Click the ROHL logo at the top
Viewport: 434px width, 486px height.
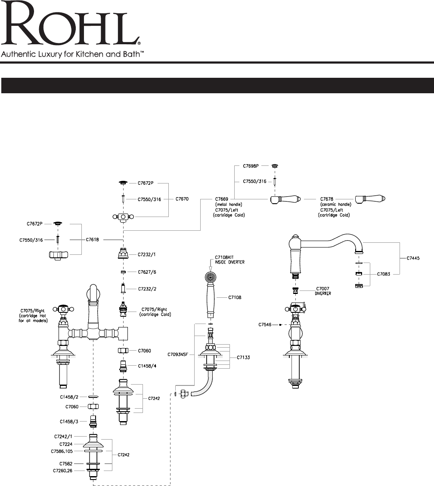pos(71,26)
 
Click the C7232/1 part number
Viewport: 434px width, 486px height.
pos(146,254)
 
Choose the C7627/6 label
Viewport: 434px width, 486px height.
pos(146,272)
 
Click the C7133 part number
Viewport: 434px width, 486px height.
pos(243,357)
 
